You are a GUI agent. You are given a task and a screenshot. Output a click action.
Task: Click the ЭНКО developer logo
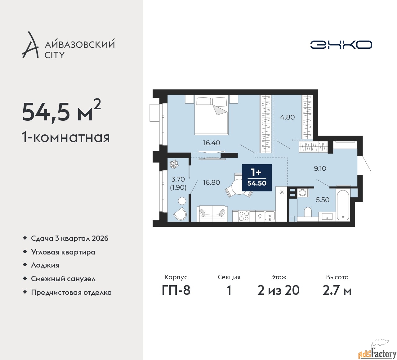click(341, 45)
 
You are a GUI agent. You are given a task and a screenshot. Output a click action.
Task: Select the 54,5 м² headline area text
click(61, 111)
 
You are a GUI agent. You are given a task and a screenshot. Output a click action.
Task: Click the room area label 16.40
click(212, 142)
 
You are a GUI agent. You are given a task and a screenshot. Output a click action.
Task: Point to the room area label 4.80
click(288, 117)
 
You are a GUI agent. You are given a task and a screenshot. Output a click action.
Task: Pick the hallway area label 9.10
click(320, 168)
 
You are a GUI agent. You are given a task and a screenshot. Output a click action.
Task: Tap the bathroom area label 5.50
click(323, 200)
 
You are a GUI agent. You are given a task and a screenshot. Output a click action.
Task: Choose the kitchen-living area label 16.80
click(211, 182)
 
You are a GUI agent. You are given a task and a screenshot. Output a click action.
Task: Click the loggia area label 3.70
click(178, 179)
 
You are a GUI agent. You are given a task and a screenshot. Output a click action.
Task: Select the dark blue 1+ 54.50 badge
click(257, 178)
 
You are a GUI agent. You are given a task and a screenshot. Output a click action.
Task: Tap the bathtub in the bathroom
click(343, 205)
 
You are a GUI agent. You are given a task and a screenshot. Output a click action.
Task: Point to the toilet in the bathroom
click(308, 211)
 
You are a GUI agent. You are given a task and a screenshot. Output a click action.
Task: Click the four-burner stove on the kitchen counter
click(244, 216)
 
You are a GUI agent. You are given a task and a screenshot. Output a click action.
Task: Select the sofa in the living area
click(212, 214)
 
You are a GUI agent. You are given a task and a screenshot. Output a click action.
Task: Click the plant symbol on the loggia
click(174, 164)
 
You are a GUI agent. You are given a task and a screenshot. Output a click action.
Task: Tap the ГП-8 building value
click(176, 290)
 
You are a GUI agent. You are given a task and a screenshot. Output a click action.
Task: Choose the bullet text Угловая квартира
click(63, 252)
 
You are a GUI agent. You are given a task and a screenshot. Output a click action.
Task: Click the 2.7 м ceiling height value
click(337, 290)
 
